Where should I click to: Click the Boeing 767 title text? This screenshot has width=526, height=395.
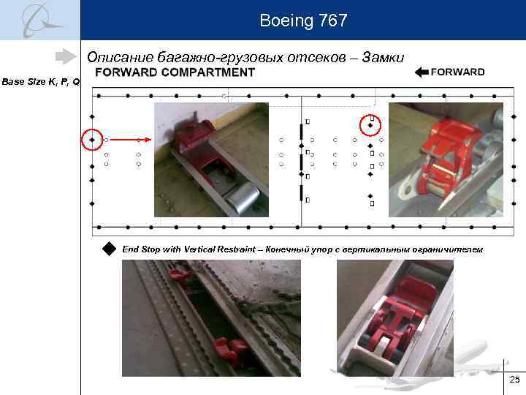303,21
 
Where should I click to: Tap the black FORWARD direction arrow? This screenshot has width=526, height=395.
421,72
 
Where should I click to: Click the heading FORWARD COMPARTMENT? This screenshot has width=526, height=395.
175,72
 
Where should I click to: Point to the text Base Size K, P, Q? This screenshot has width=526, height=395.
41,82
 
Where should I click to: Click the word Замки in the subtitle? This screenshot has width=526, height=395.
381,57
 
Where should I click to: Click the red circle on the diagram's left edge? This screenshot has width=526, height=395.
92,139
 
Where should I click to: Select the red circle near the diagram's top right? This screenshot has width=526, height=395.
370,125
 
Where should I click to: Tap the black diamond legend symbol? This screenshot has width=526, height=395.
110,249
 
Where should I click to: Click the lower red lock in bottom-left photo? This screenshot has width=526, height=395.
229,350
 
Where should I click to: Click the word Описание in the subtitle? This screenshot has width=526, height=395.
113,57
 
